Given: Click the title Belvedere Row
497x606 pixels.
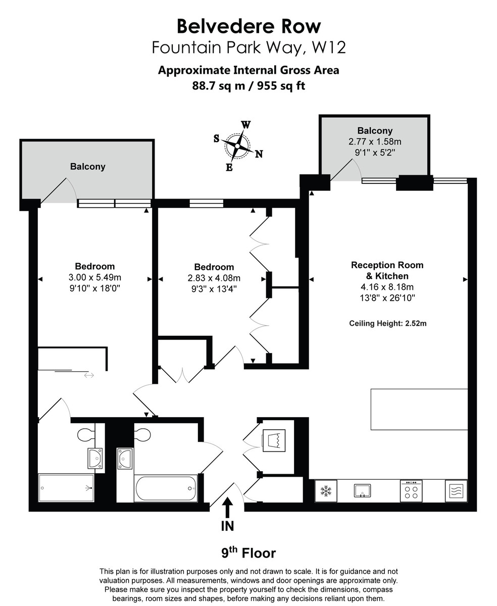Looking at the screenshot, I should click(x=249, y=26).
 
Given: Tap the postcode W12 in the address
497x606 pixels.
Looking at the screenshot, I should click(x=328, y=47).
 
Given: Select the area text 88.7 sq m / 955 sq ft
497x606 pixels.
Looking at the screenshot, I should click(x=249, y=85).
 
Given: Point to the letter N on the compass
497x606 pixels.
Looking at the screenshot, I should click(x=259, y=154).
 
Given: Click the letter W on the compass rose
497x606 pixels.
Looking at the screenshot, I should click(x=246, y=125).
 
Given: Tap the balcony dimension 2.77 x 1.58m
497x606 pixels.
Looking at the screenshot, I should click(x=375, y=142).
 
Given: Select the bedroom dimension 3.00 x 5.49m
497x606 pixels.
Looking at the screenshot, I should click(x=95, y=277).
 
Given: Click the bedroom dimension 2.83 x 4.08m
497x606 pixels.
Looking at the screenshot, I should click(x=214, y=278).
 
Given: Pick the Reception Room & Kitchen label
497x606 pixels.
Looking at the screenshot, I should click(x=387, y=270).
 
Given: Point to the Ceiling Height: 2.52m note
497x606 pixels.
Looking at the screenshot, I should click(x=387, y=323).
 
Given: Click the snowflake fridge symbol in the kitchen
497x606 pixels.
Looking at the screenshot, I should click(x=325, y=491).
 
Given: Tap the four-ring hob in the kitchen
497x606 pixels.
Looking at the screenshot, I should click(x=411, y=491).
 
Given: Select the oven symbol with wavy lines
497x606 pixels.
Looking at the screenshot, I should click(x=456, y=491).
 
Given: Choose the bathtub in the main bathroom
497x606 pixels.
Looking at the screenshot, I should click(x=166, y=488).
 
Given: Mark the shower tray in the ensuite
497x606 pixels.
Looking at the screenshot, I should click(x=66, y=488).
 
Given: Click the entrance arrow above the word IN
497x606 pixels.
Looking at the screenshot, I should click(x=227, y=507).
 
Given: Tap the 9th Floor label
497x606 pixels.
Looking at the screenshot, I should click(x=249, y=552).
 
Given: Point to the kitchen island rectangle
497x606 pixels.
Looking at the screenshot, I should click(x=419, y=409).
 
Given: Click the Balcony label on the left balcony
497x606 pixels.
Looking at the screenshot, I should click(x=88, y=166).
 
